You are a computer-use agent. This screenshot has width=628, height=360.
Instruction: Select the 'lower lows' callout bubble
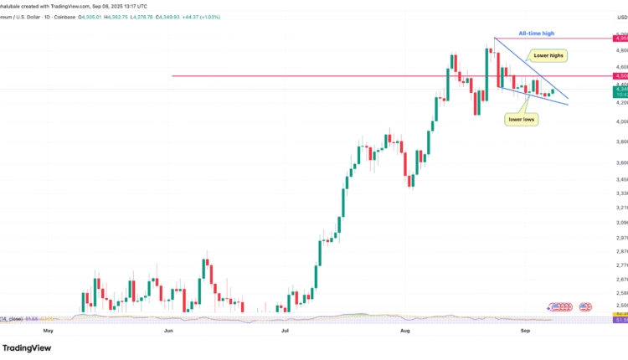point(522,120)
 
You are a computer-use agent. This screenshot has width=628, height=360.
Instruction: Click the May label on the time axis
point(48,331)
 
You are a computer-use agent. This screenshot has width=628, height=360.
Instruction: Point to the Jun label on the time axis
point(168,331)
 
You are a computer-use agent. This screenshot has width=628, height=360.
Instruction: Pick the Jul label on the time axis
point(286,331)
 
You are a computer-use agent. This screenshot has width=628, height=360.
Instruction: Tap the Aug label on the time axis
point(405,331)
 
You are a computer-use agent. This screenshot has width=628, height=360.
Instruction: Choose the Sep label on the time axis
point(526,331)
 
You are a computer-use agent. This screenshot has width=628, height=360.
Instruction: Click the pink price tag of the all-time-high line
point(620,39)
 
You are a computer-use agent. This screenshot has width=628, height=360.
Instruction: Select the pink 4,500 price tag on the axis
point(620,76)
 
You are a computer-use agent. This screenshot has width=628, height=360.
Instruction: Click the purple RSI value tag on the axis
point(620,320)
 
